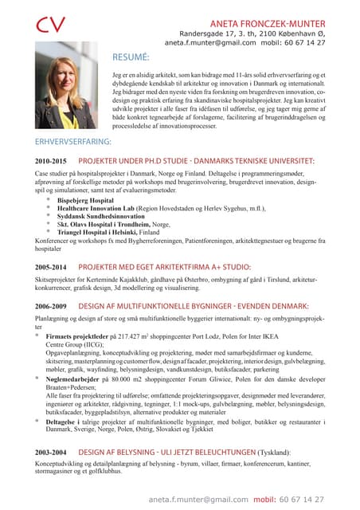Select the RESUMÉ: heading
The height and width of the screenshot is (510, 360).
(131, 57)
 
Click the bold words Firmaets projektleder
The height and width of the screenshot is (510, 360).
(81, 338)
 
